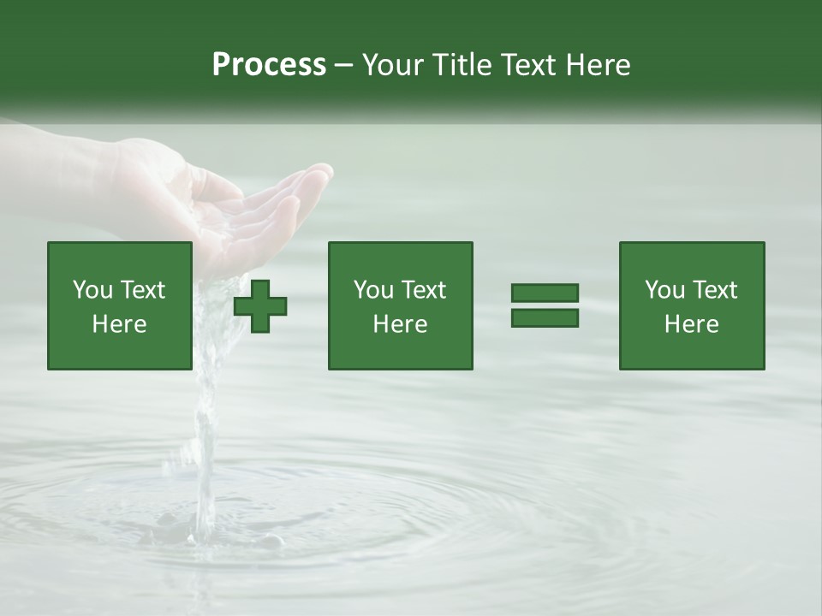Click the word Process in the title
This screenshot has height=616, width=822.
(x=269, y=65)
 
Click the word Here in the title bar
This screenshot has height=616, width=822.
(x=599, y=65)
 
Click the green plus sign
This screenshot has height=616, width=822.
(x=260, y=306)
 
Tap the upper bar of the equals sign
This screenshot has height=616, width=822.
(x=545, y=293)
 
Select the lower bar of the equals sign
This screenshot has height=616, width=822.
(x=545, y=317)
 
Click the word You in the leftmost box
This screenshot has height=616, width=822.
(x=92, y=290)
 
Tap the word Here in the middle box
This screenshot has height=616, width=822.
(x=400, y=324)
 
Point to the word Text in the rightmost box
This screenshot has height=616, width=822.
(x=714, y=290)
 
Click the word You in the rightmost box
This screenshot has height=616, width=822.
(x=664, y=290)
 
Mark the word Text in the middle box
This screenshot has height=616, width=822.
(x=423, y=290)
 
